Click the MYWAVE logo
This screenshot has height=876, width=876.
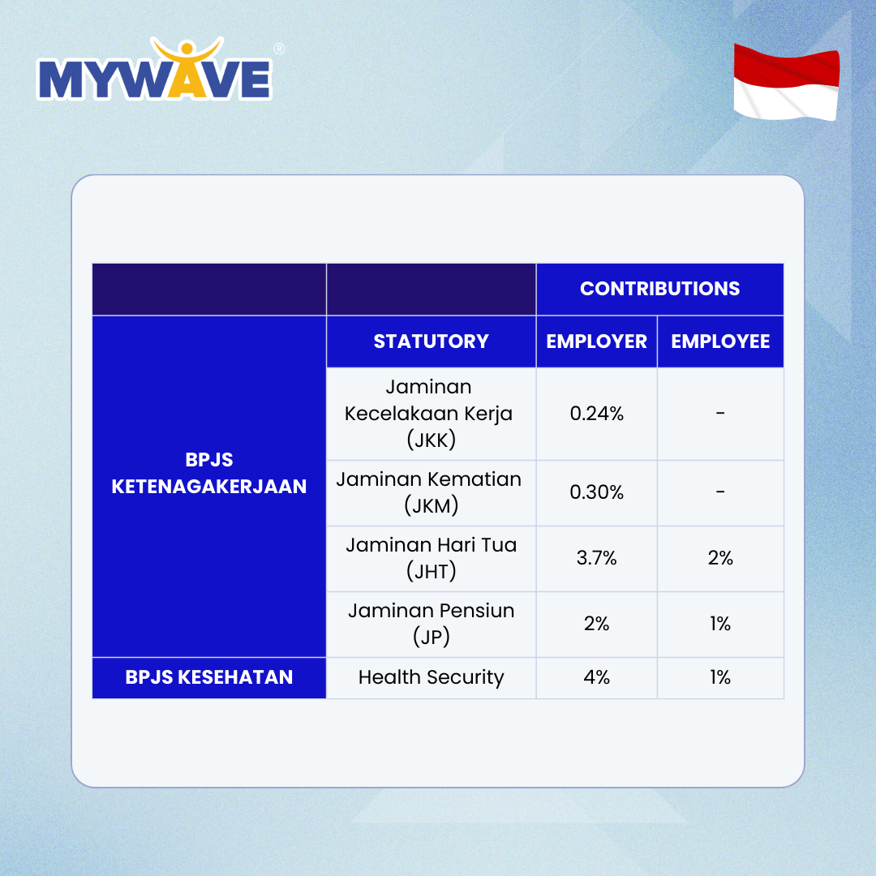[154, 77]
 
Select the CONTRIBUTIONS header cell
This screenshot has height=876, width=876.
[659, 289]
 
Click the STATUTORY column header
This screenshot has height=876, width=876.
[431, 341]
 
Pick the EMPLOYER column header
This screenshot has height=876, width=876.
[596, 341]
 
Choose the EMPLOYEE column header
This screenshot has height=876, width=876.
[720, 341]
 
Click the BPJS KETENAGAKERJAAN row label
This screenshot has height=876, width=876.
[209, 473]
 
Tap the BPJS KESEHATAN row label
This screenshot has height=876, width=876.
[209, 677]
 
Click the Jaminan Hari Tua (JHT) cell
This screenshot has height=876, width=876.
[431, 558]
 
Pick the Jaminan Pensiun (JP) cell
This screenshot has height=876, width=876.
[431, 624]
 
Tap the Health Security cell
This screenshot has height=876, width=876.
[431, 677]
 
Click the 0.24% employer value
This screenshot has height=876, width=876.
[596, 414]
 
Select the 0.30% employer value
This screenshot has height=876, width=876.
[596, 492]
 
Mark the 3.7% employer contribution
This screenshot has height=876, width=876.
[596, 558]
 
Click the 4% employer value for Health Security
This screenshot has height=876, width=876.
[596, 677]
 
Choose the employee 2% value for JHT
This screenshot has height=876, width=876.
[720, 558]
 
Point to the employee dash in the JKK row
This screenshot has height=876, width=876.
[720, 414]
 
